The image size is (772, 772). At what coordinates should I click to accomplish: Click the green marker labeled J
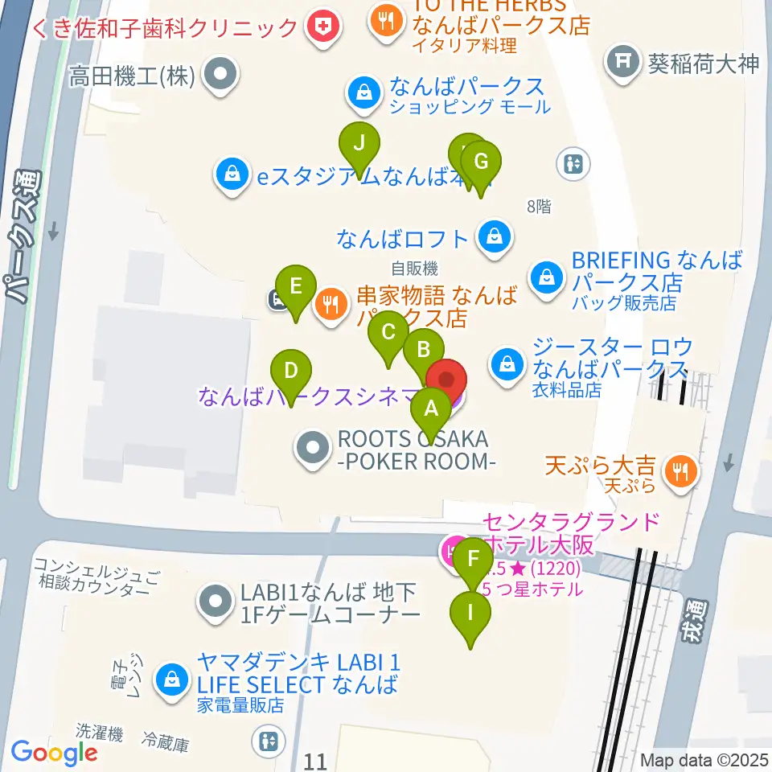[x=359, y=145]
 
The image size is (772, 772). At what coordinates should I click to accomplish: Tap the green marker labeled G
[x=481, y=162]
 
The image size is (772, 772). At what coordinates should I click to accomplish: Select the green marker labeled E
[x=296, y=286]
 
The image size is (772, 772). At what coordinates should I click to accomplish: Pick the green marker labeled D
[x=291, y=372]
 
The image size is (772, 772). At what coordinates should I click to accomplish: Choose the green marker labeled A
[x=431, y=409]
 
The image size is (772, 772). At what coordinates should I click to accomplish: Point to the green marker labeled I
[x=471, y=613]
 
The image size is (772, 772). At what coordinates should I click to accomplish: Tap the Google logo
[x=54, y=754]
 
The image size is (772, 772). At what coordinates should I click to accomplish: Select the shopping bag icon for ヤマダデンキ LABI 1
[x=172, y=677]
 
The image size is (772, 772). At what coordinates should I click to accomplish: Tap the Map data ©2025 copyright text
[x=704, y=760]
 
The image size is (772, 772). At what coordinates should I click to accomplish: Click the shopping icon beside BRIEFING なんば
[x=547, y=277]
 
